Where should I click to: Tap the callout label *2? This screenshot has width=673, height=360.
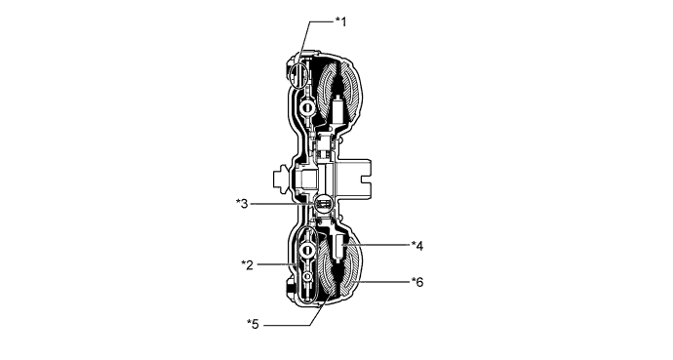pyautogui.click(x=249, y=263)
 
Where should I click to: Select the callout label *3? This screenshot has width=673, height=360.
pyautogui.click(x=244, y=203)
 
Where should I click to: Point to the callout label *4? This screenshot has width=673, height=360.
pyautogui.click(x=416, y=244)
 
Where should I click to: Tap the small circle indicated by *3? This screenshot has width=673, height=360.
pyautogui.click(x=321, y=204)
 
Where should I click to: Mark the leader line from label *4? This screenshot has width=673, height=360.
pyautogui.click(x=380, y=244)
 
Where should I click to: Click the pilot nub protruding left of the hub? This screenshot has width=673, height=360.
pyautogui.click(x=282, y=179)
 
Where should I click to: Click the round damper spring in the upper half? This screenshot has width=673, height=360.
pyautogui.click(x=306, y=105)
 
